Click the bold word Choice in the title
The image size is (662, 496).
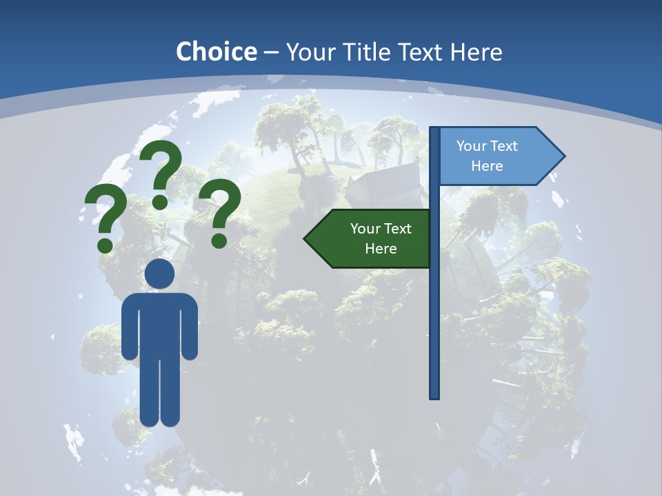[x=216, y=52]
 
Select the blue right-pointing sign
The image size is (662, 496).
[x=496, y=156]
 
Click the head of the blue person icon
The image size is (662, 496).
[x=159, y=273]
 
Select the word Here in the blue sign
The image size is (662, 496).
[x=487, y=166]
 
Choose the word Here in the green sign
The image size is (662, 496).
[x=381, y=249]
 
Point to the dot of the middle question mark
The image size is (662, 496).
[x=160, y=201]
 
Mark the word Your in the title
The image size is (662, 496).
[x=309, y=52]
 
